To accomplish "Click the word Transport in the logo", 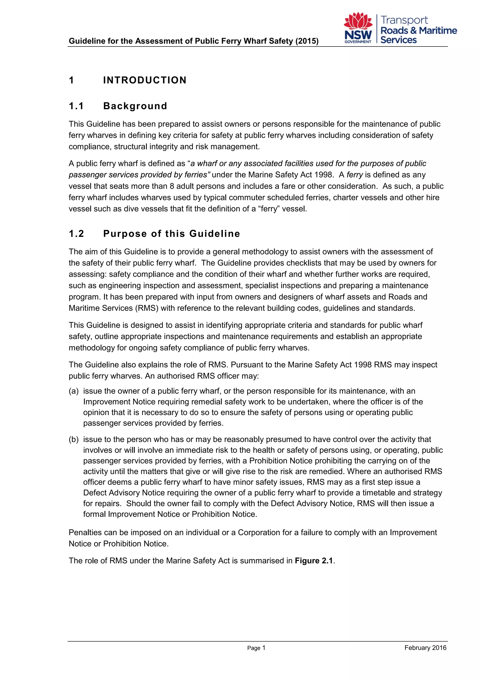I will point(404,20).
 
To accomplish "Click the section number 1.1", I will point(76,106).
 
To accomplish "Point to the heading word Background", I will point(135,106).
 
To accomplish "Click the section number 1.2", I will point(76,234).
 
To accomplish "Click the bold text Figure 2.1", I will point(314,561).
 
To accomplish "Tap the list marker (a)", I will point(74,391).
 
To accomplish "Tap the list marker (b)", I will point(74,439).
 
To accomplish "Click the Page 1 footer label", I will point(256,648).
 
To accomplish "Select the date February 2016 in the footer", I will point(425,648).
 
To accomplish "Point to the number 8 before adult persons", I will point(172,186).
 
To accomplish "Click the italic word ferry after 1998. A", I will point(355,175).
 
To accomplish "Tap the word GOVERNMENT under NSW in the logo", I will point(357,42).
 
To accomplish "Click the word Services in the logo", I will point(398,40).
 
